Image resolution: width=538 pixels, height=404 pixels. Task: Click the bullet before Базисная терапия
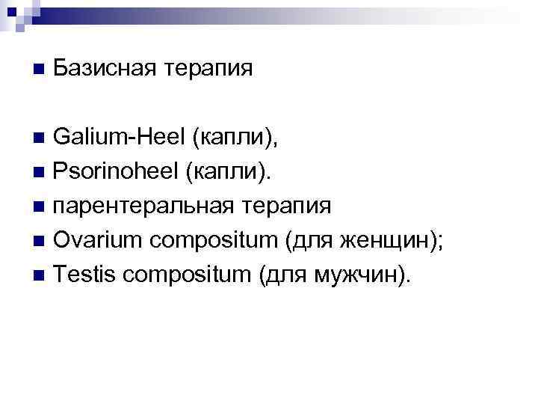(39, 69)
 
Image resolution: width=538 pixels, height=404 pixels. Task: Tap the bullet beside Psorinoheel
(39, 173)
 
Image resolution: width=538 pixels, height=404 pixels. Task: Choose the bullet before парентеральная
(39, 207)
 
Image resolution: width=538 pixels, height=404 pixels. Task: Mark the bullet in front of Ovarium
(39, 242)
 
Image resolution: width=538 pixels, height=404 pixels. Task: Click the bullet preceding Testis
(39, 276)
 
